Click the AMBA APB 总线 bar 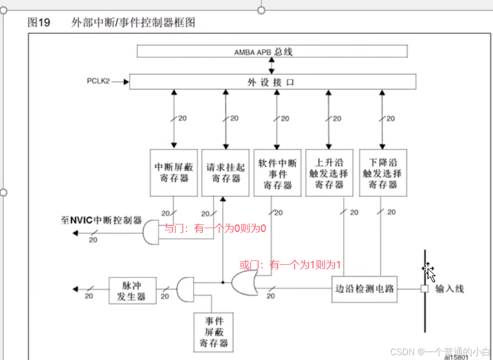tap(272, 51)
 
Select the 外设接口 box tap(272, 82)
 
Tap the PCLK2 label tap(98, 82)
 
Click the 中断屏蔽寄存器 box tap(174, 173)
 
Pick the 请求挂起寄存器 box tap(225, 173)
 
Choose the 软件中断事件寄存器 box tap(277, 173)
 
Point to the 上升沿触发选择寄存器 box tap(329, 173)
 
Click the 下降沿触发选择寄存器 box tap(382, 173)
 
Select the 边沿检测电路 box tap(366, 289)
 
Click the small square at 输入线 tap(424, 289)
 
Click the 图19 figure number tap(39, 23)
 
